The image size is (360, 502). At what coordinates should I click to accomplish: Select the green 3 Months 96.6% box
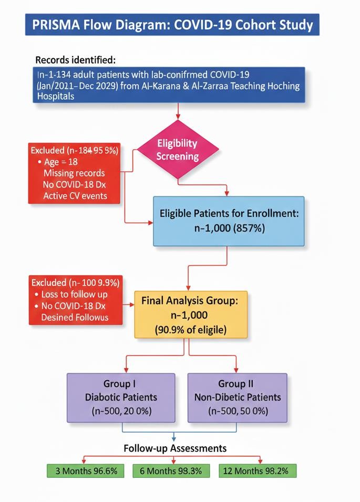pos(86,470)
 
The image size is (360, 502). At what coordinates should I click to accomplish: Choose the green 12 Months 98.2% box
pos(257,470)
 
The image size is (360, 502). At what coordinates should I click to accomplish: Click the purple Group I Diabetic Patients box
pos(121,397)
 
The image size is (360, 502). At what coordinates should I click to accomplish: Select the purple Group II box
pos(238,397)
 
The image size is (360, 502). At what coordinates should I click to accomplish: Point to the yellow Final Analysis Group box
pos(190,315)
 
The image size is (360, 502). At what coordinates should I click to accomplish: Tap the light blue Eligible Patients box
pos(229,221)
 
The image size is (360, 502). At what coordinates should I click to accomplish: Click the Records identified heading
pos(75,59)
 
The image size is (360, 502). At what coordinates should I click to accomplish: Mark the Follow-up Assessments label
pos(175,448)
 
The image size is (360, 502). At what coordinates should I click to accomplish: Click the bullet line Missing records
pos(74,173)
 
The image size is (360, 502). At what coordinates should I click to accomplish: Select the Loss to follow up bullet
pos(74,295)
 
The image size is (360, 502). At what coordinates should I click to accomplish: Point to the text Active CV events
pos(75,196)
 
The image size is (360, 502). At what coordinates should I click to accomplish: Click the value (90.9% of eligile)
pos(190,330)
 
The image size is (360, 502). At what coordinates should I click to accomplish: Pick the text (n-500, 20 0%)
pos(121,411)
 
